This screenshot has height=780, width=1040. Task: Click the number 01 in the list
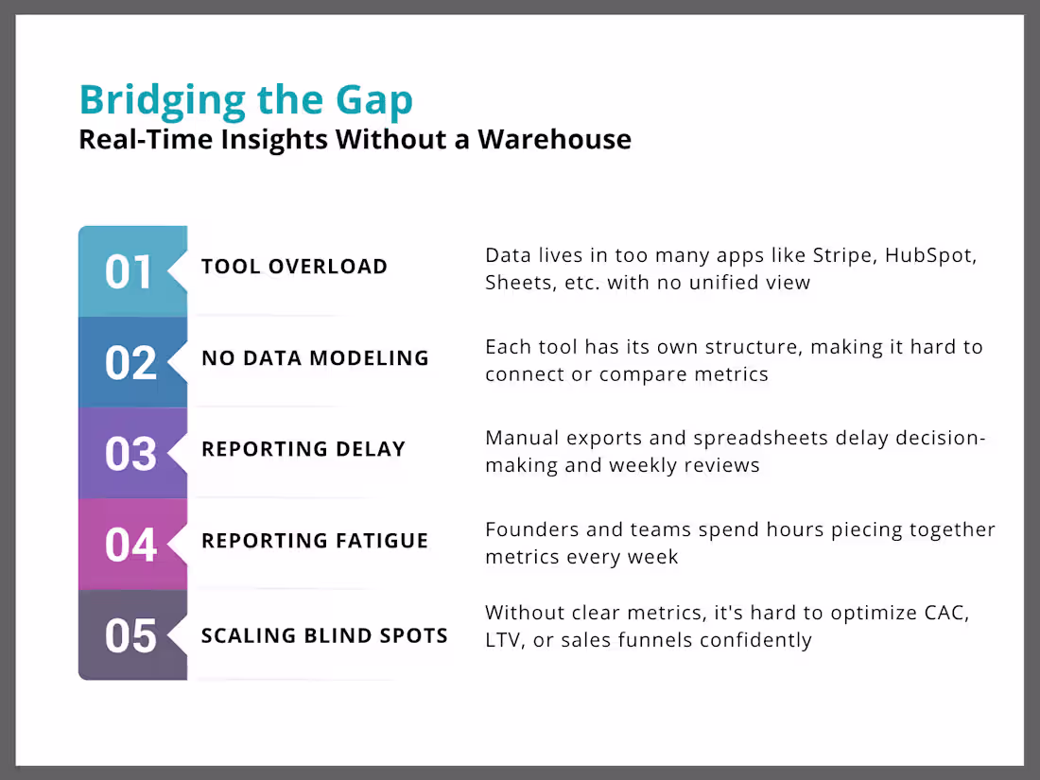(x=129, y=272)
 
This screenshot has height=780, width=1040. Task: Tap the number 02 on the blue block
(x=130, y=363)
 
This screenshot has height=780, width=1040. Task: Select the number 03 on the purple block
(x=130, y=454)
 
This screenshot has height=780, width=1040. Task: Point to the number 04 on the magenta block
(x=130, y=546)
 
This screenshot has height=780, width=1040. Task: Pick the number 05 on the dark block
(x=130, y=636)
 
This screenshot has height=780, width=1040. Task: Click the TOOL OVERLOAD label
(x=294, y=267)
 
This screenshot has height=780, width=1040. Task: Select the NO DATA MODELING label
(x=315, y=358)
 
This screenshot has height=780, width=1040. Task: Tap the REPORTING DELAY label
(x=303, y=449)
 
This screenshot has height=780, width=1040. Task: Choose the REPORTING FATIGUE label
(x=315, y=541)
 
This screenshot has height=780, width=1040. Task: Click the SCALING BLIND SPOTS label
(x=324, y=635)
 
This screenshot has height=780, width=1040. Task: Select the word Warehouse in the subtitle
(x=554, y=139)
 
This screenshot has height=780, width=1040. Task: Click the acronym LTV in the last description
(x=505, y=640)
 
